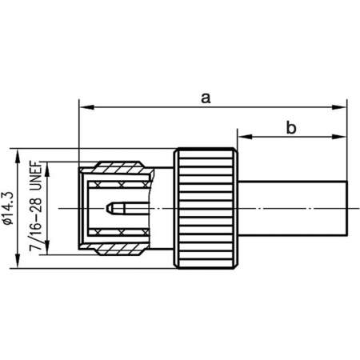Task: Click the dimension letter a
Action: [x=206, y=98]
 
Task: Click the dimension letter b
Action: [x=292, y=126]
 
